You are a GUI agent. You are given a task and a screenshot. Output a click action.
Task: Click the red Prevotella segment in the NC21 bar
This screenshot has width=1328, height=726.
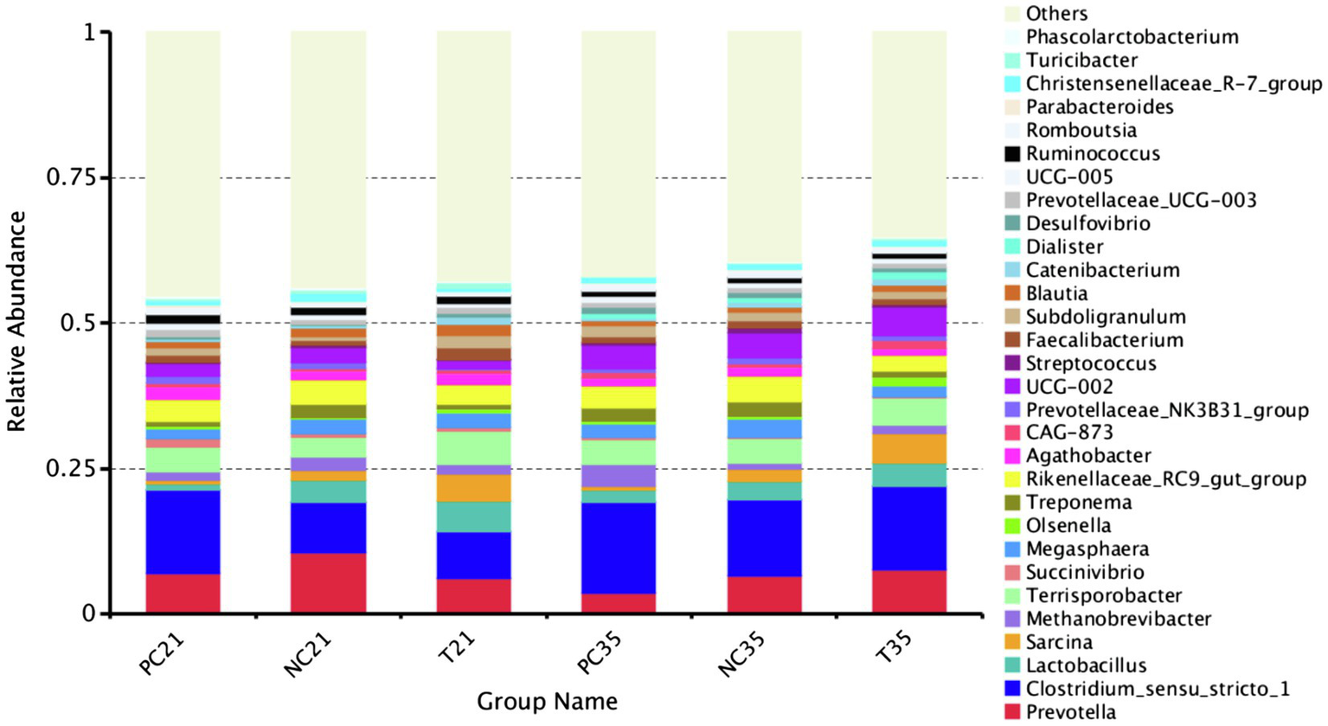click(328, 583)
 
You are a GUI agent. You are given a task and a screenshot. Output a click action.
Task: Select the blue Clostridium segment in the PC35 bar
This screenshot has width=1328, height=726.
click(618, 548)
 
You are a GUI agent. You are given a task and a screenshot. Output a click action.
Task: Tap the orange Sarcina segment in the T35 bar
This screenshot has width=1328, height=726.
click(908, 449)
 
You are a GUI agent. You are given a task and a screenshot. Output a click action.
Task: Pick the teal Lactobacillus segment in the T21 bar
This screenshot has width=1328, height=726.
click(473, 517)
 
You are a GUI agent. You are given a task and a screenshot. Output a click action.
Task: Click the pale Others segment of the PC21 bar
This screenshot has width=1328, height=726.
click(183, 164)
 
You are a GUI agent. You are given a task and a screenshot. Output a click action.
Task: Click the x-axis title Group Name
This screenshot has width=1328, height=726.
click(547, 701)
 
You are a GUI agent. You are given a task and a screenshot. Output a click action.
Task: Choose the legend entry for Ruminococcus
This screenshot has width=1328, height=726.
click(1093, 154)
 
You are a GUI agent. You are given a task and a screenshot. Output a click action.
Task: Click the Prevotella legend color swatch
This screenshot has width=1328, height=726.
click(1011, 712)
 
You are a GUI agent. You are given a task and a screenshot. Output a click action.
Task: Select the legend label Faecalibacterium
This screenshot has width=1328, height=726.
click(1104, 340)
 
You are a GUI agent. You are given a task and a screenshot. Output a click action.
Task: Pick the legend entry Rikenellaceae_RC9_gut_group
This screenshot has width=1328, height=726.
click(1165, 479)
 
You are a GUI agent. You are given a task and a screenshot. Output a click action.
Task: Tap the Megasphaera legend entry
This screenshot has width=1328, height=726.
click(1087, 549)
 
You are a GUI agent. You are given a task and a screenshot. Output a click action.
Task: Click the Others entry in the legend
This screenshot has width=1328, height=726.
click(1056, 14)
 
